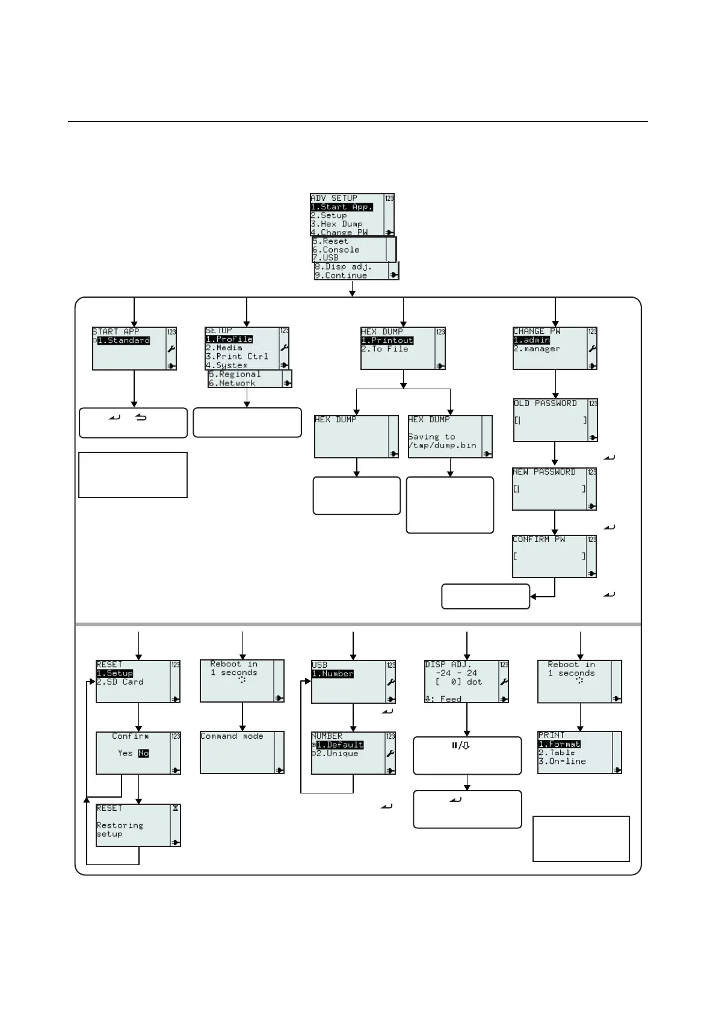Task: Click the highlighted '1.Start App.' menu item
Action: (341, 207)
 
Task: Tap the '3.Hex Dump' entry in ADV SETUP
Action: (336, 224)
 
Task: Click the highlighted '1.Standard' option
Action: (123, 340)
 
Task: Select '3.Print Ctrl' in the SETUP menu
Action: (236, 356)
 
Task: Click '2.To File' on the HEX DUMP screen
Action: (384, 349)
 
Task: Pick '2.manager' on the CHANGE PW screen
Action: (537, 349)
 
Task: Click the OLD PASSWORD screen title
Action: (545, 404)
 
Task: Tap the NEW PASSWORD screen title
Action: (544, 472)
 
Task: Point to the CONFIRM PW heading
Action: (539, 540)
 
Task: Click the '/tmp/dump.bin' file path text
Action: (442, 446)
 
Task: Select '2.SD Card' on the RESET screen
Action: (120, 682)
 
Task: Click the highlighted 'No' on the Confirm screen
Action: (143, 753)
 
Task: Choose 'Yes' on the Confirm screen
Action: (125, 753)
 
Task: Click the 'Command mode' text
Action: (232, 736)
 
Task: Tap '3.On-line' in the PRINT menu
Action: (562, 762)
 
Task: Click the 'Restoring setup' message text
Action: (120, 830)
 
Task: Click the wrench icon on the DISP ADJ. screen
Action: (504, 682)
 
